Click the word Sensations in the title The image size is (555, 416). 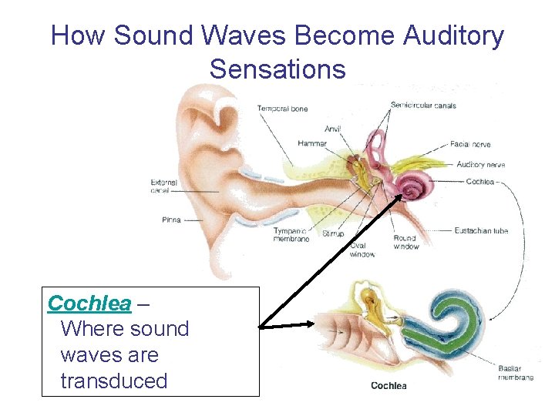pyautogui.click(x=277, y=69)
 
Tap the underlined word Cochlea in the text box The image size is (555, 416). pyautogui.click(x=89, y=304)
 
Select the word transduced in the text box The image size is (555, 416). pyautogui.click(x=113, y=381)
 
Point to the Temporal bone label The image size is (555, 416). pyautogui.click(x=282, y=109)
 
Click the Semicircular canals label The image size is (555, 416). pyautogui.click(x=423, y=105)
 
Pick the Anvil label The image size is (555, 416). pyautogui.click(x=332, y=129)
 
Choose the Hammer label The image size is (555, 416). pyautogui.click(x=312, y=143)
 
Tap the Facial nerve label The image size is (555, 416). pyautogui.click(x=470, y=144)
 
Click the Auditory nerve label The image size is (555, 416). pyautogui.click(x=480, y=164)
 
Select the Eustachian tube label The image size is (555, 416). pyautogui.click(x=481, y=230)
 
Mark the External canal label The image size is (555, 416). pyautogui.click(x=165, y=186)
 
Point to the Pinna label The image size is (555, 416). pyautogui.click(x=171, y=220)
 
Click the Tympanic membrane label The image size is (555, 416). pyautogui.click(x=291, y=235)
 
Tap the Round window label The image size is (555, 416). pyautogui.click(x=406, y=243)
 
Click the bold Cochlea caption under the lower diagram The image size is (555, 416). pyautogui.click(x=388, y=385)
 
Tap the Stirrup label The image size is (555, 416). pyautogui.click(x=333, y=233)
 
